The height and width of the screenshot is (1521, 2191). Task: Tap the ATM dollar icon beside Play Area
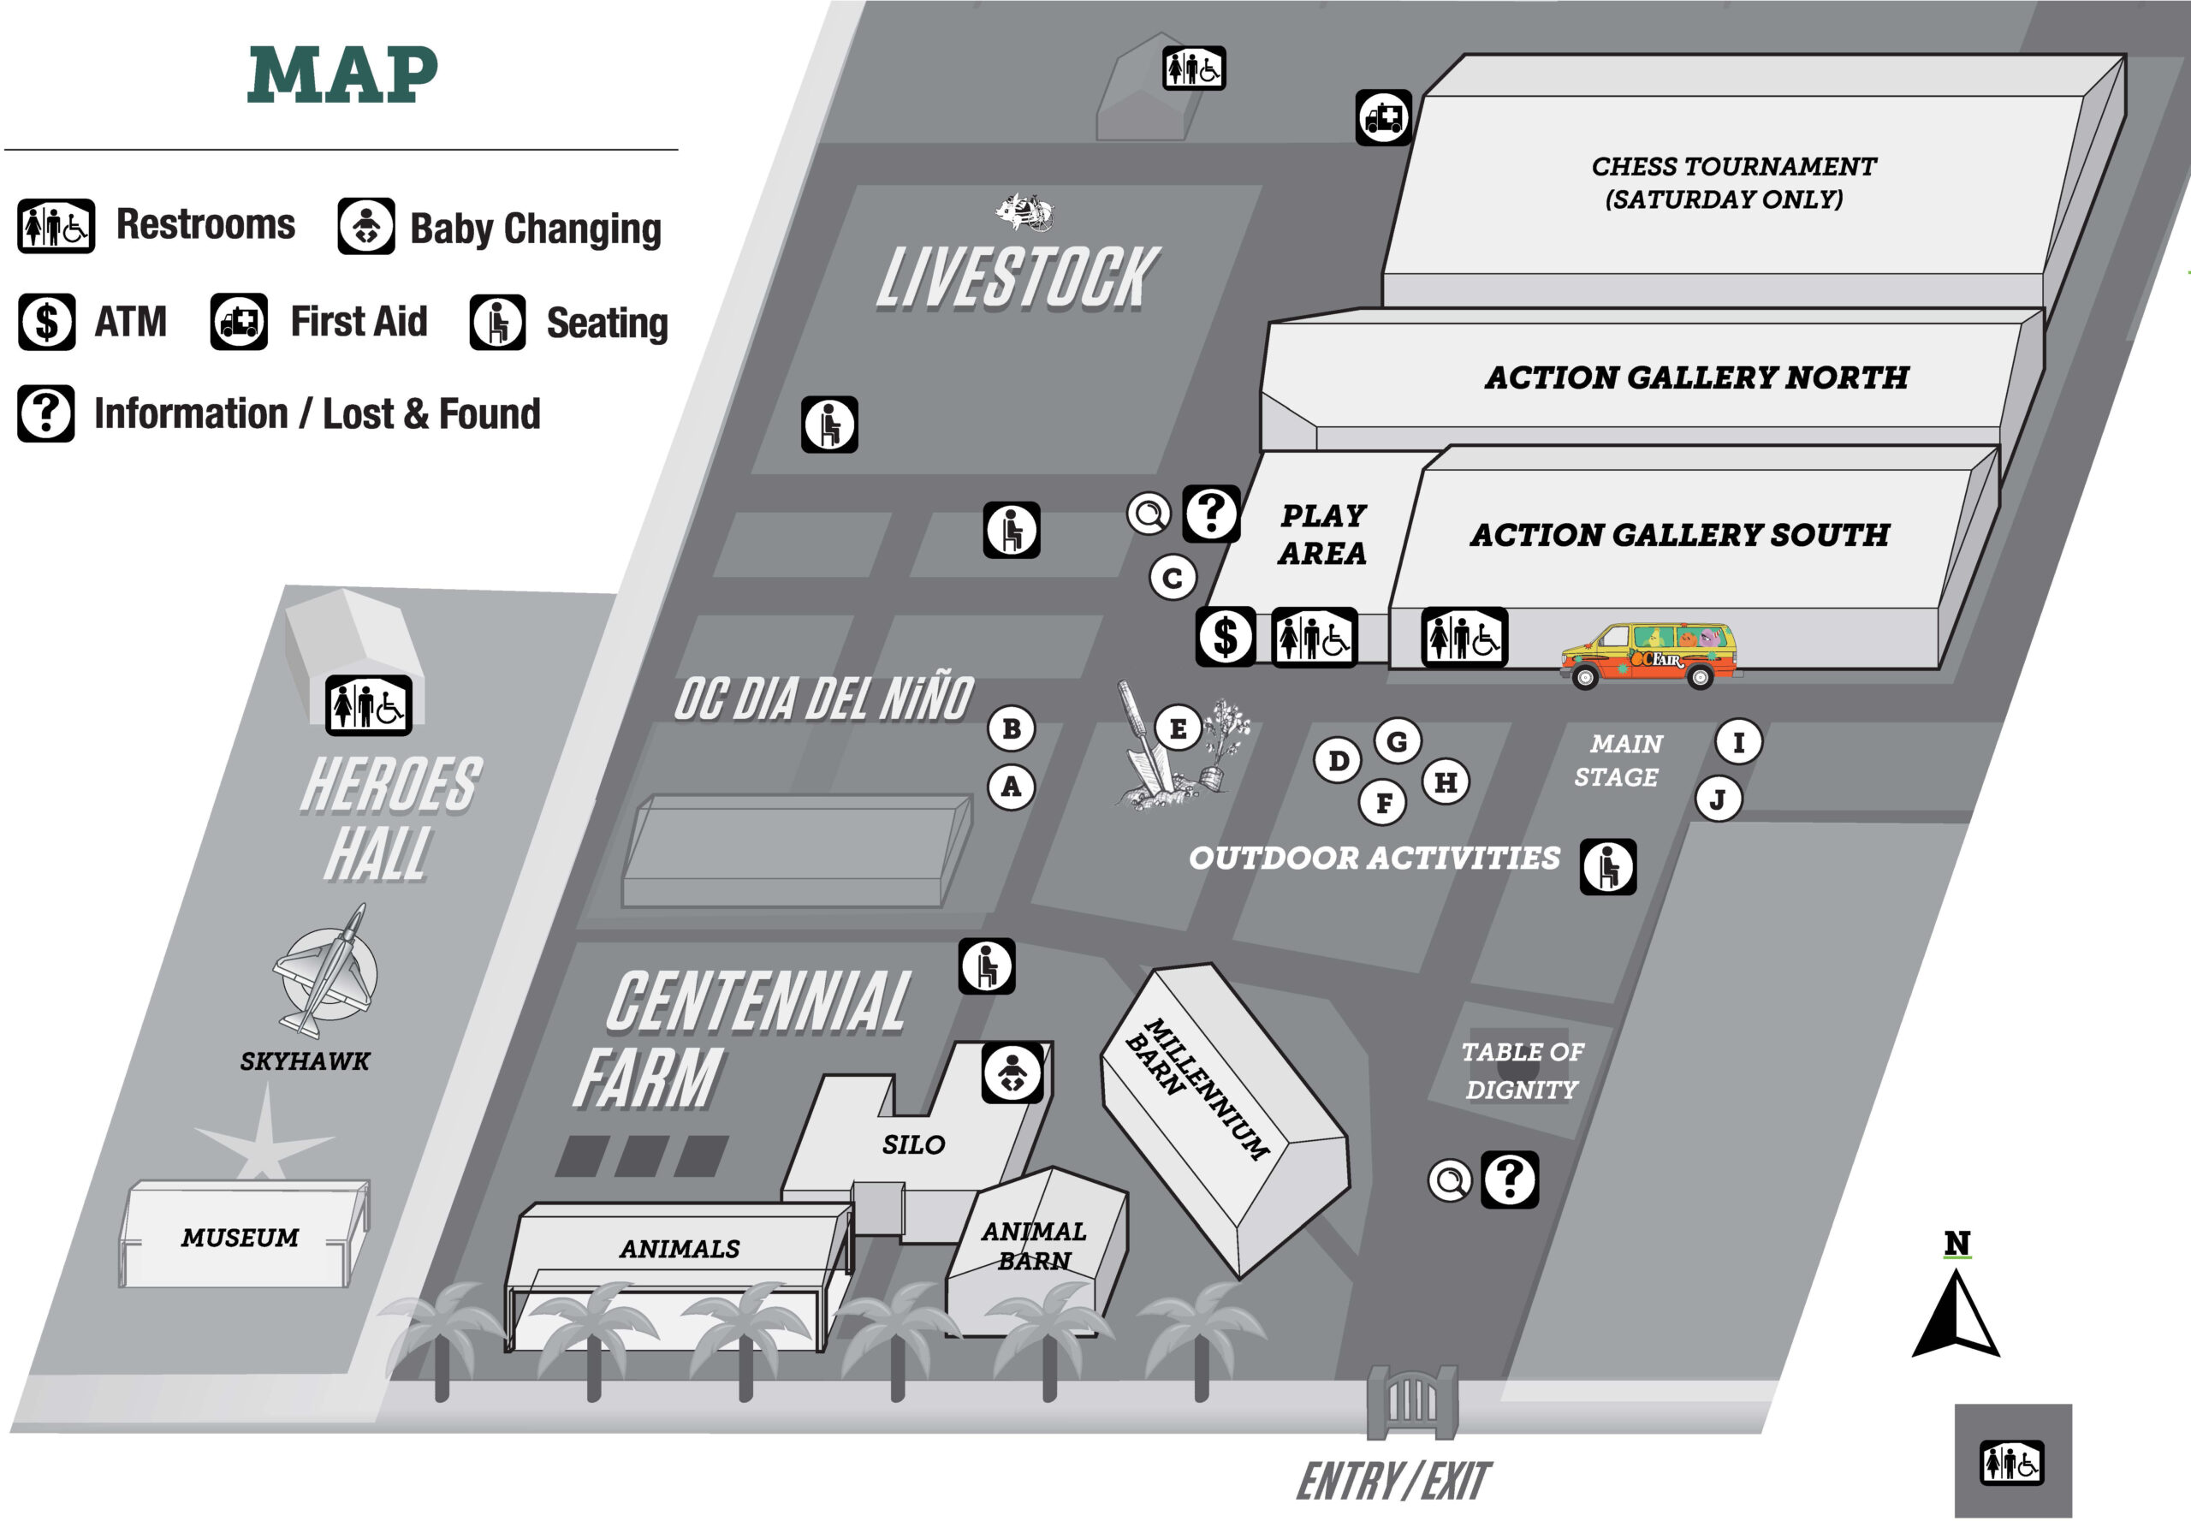pos(1226,637)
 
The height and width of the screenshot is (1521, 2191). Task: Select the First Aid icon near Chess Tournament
pos(1384,118)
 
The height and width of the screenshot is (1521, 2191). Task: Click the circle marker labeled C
pos(1173,578)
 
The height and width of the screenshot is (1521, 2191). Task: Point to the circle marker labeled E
pos(1179,729)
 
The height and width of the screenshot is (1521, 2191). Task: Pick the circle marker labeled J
pos(1719,799)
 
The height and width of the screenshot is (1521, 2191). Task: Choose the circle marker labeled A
pos(1011,787)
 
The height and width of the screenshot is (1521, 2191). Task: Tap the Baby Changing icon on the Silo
pos(1012,1073)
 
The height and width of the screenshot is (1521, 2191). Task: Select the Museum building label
pos(240,1237)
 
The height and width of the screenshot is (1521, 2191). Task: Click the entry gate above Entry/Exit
pos(1412,1402)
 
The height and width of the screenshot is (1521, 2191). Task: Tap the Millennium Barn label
pos(1197,1090)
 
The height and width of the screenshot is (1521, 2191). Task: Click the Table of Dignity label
pos(1522,1070)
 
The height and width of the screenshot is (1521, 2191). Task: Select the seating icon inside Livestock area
pos(829,424)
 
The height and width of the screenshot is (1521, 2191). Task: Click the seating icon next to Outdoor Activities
pos(1609,867)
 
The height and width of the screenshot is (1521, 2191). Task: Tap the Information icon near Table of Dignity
pos(1510,1179)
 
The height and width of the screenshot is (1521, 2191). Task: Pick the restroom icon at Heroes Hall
pos(369,705)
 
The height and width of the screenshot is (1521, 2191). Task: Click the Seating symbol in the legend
pos(497,322)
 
